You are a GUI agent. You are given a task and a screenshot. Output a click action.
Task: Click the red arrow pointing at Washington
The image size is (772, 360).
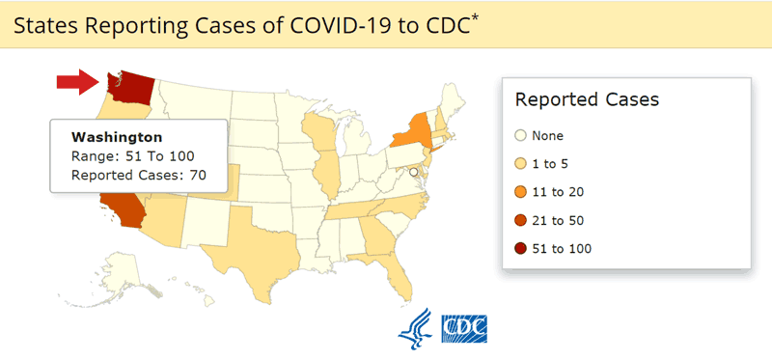(75, 83)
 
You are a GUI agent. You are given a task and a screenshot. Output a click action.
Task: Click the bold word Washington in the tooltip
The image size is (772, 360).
(117, 137)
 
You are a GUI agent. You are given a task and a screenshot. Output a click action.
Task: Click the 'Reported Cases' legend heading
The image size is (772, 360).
(587, 99)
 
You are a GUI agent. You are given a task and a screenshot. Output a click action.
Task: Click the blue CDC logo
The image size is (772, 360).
(464, 328)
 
